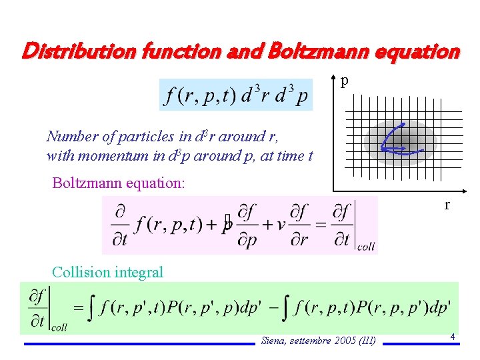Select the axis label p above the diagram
click(344, 81)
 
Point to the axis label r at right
click(447, 205)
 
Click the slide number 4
click(452, 337)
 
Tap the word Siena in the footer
click(273, 341)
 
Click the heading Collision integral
click(107, 272)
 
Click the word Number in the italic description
click(71, 137)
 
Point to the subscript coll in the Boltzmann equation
click(366, 247)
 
